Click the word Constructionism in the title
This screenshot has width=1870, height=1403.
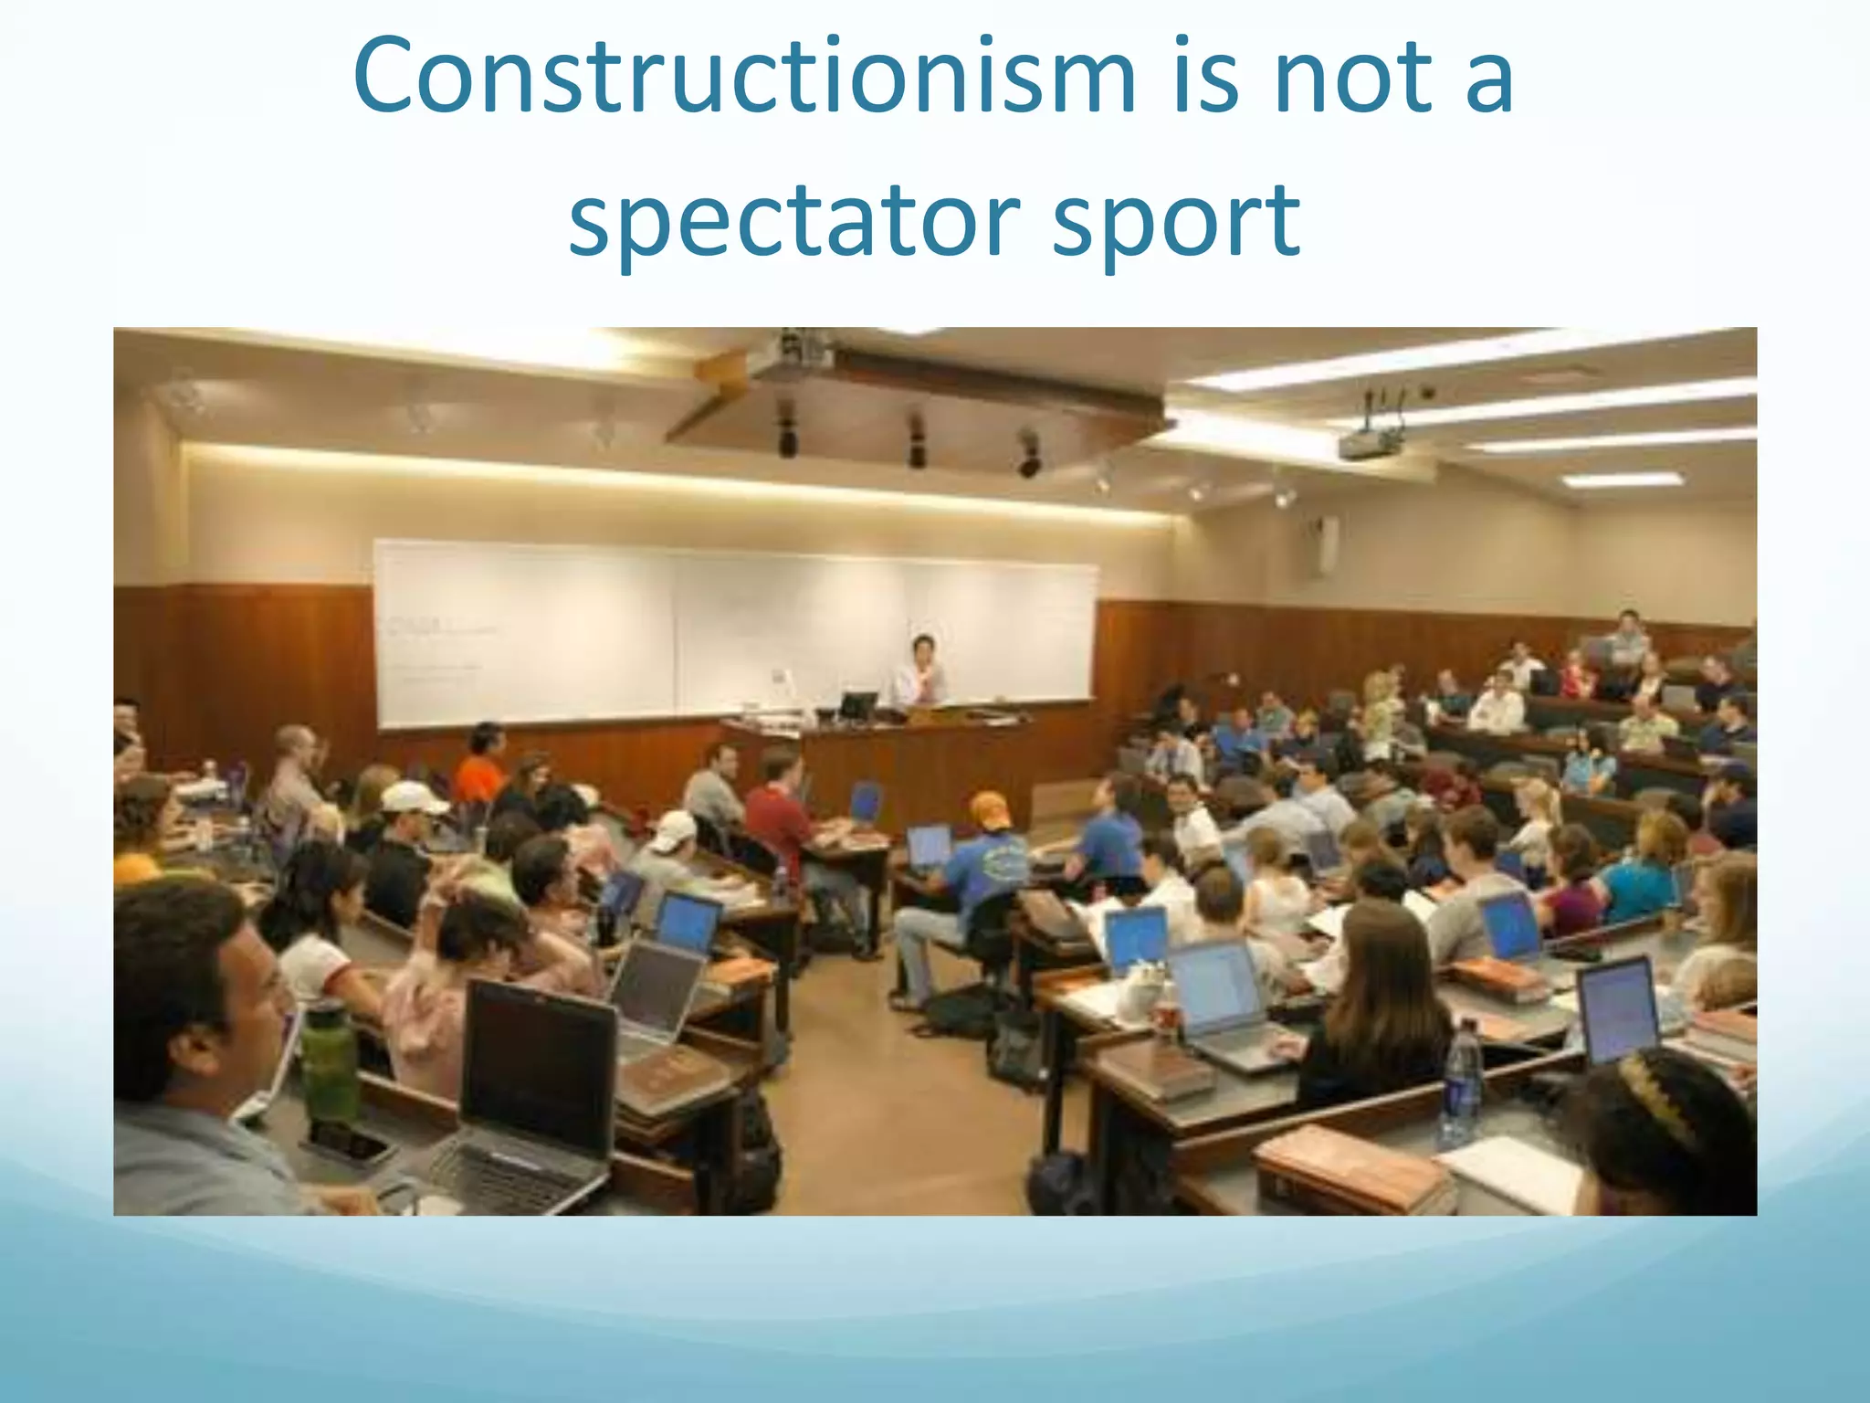point(743,78)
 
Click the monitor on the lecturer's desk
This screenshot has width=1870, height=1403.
point(857,705)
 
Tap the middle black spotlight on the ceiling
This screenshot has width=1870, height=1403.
point(916,441)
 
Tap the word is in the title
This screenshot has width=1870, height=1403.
point(1203,78)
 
